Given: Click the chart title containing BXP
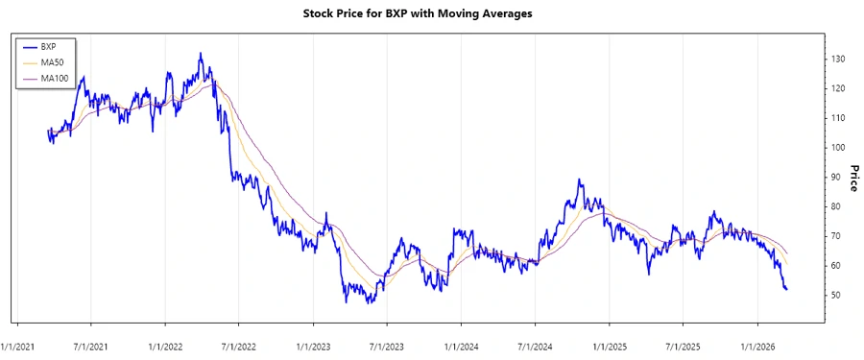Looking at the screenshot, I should (x=431, y=14).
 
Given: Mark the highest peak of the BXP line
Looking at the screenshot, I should (x=200, y=53).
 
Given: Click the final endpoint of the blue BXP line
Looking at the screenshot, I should (x=787, y=289).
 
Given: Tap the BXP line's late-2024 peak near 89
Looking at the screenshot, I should (x=579, y=180).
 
